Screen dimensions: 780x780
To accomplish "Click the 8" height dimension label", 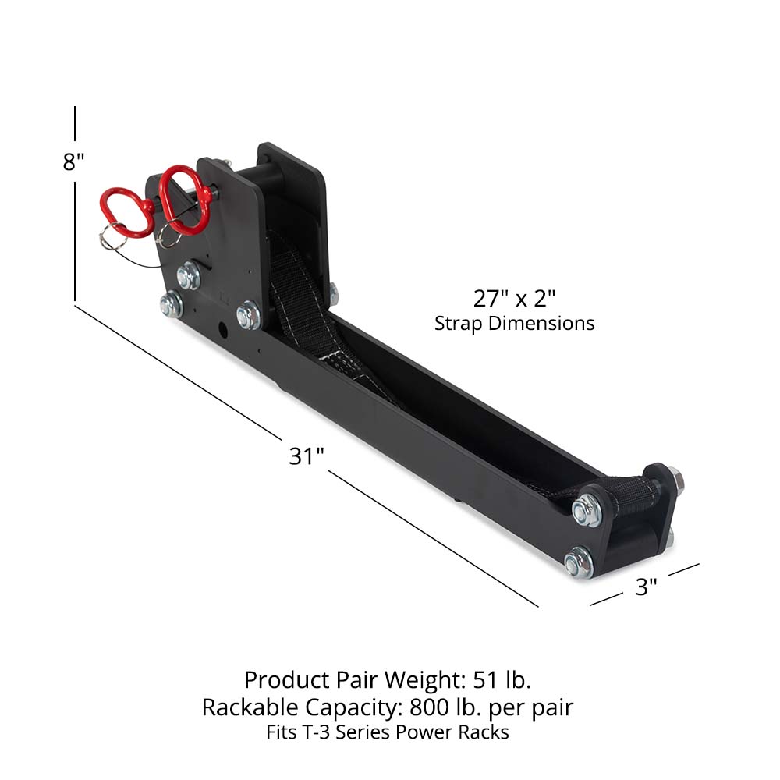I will (73, 162).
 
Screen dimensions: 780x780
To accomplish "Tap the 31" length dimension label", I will (306, 456).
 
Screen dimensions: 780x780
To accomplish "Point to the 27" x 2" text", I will (514, 298).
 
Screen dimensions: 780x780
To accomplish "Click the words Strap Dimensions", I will (514, 323).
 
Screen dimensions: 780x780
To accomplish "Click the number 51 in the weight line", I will (487, 679).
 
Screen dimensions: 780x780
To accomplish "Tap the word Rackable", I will (250, 707).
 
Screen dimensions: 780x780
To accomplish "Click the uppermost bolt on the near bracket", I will (188, 275).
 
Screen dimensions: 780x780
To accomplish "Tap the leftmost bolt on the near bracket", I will (171, 303).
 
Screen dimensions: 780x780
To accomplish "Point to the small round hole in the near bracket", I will (224, 331).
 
